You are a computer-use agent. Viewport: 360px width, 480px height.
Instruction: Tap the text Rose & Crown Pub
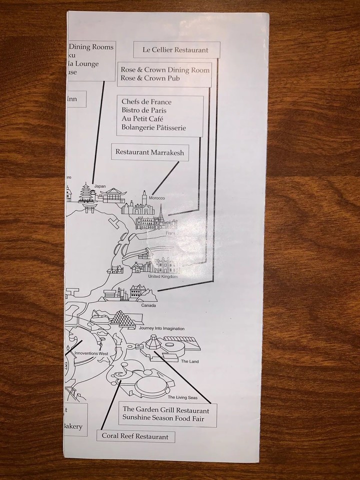[150, 78]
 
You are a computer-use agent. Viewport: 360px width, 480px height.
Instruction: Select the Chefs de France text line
[146, 101]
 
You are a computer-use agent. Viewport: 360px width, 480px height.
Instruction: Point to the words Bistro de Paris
[144, 110]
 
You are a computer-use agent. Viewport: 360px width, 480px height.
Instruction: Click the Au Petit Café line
[142, 119]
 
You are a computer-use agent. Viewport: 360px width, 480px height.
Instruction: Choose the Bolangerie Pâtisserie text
[153, 128]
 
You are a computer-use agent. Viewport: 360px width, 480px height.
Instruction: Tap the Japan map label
[100, 186]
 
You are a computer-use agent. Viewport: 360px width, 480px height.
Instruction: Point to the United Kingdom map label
[163, 276]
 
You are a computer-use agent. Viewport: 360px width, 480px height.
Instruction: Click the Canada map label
[148, 305]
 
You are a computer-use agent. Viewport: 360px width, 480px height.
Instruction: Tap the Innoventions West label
[90, 353]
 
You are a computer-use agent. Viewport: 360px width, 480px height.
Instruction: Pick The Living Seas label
[179, 397]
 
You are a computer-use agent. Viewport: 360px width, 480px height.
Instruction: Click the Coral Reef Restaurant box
[135, 436]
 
